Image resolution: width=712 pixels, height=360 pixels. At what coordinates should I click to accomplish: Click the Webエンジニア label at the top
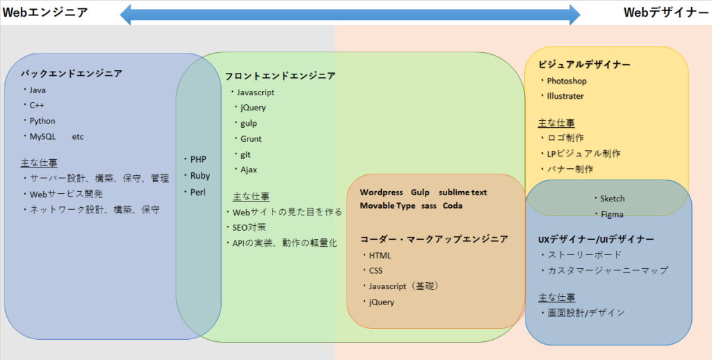click(x=45, y=13)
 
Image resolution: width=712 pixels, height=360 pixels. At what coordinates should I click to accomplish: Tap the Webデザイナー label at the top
click(x=665, y=13)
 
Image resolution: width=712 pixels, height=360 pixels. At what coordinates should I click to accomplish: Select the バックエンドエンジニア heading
click(x=72, y=74)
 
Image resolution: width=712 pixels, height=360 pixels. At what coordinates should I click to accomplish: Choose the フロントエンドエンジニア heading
click(x=280, y=76)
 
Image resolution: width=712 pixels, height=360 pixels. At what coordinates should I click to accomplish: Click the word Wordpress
click(x=381, y=193)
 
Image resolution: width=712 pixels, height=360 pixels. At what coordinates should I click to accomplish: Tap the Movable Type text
click(x=387, y=206)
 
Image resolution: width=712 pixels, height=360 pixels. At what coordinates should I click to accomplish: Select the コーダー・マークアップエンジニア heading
click(x=434, y=239)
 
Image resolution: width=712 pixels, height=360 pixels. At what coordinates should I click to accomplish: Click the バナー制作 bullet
click(x=567, y=169)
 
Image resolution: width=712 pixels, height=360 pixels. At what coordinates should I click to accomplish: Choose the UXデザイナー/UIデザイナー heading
click(x=596, y=239)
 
